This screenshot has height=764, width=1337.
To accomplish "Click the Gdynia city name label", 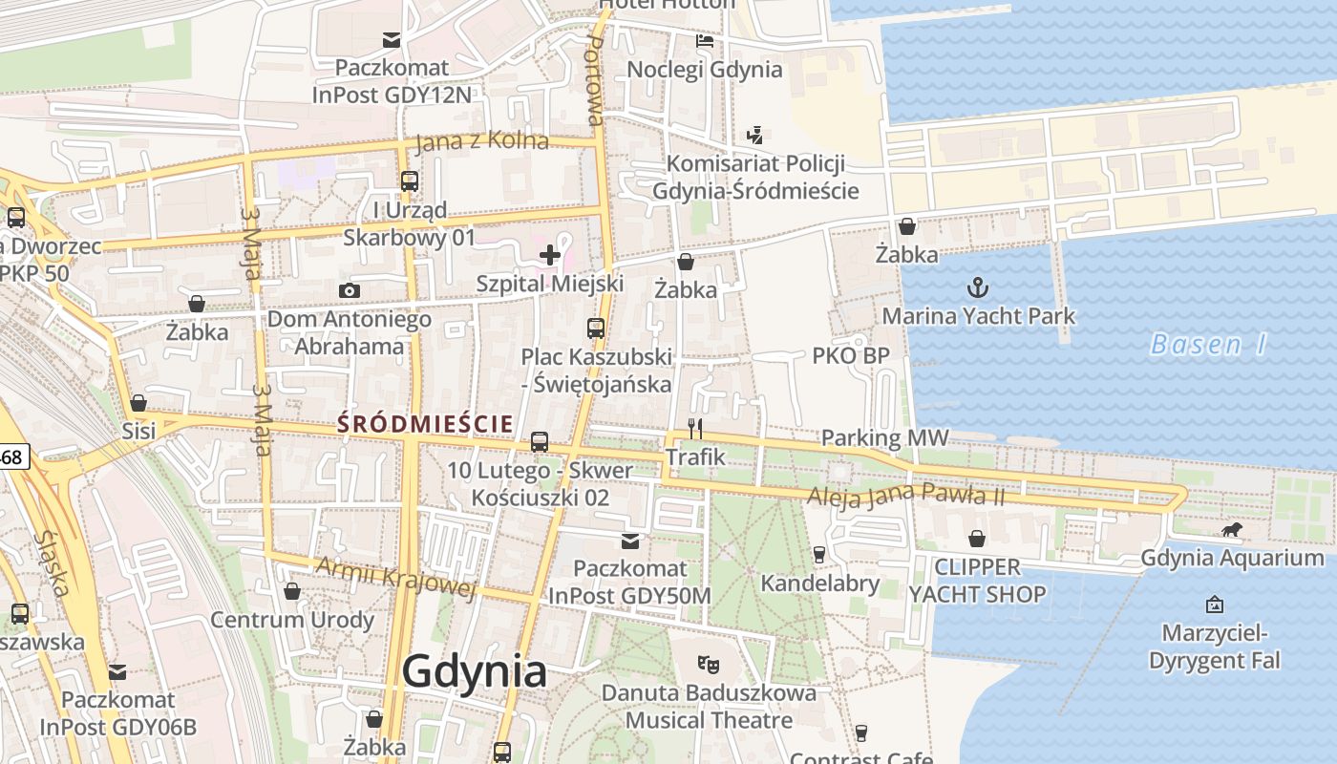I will click(x=475, y=671).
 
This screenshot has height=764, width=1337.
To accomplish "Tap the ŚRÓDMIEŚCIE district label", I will click(x=426, y=423).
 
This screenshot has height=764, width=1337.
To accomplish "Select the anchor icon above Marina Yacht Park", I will click(x=977, y=286).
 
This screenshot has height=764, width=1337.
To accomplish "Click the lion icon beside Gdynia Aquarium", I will click(x=1232, y=530).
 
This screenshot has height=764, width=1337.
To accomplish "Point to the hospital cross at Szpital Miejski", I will click(x=550, y=254).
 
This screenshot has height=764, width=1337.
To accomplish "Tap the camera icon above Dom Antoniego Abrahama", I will click(x=350, y=290).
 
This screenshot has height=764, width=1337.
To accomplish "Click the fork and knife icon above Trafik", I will click(x=695, y=429).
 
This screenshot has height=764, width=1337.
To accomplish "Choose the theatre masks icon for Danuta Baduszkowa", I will click(x=708, y=662).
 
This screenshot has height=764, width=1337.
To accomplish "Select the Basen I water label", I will click(x=1208, y=344).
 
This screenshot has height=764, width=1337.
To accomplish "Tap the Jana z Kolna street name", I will click(x=482, y=140).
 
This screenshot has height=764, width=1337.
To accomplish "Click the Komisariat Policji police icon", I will click(x=755, y=135).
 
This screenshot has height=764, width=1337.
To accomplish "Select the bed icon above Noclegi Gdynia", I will click(x=705, y=41).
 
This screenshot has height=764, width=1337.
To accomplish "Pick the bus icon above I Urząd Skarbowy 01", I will click(x=410, y=180).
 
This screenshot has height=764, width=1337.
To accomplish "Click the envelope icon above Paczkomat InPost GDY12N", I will click(x=392, y=39).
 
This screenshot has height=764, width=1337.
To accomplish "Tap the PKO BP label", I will click(x=851, y=356).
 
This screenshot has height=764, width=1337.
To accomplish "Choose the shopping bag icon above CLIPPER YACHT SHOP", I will click(x=977, y=539).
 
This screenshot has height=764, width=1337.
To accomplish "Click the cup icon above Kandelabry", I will click(x=818, y=554).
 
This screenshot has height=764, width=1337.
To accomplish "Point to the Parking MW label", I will click(x=885, y=438).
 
